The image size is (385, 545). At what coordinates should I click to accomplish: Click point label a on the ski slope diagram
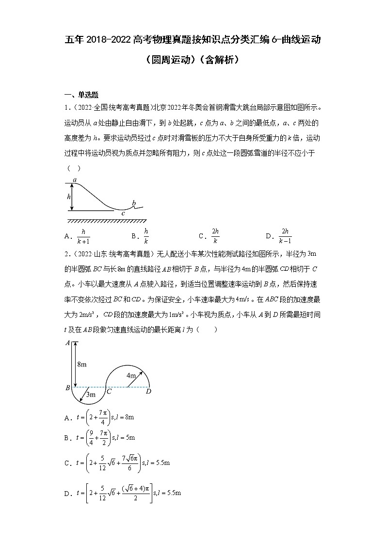point(75,180)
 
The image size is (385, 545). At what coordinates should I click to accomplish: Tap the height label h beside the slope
point(69,197)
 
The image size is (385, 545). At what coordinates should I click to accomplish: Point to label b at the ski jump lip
point(134,203)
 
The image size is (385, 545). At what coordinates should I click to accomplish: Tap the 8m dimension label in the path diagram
point(82,364)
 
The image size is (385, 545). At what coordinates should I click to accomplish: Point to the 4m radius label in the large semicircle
point(131,375)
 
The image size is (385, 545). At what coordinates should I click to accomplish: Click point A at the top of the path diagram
point(67,343)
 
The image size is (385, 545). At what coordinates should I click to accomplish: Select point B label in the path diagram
point(67,388)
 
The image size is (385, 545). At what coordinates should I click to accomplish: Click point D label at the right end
point(148,391)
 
